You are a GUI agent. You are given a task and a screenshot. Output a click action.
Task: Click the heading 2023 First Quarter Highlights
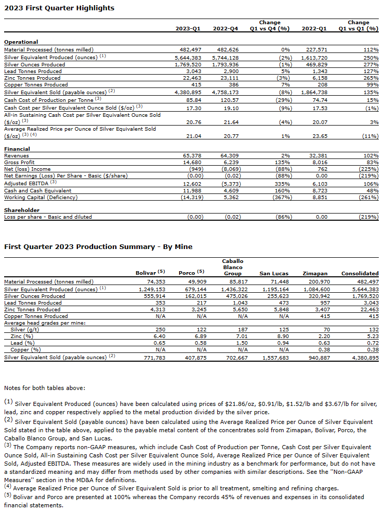[x=59, y=8]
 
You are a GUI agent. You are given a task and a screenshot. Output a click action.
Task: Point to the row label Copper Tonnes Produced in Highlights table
[x=36, y=84]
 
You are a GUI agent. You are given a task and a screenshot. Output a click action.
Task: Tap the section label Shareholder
[x=22, y=210]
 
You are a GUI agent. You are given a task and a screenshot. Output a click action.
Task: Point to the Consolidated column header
[x=360, y=273]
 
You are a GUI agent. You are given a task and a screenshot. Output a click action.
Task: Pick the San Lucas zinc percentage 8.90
[x=282, y=335]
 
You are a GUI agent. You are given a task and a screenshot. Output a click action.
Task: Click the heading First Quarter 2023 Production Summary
[x=98, y=246]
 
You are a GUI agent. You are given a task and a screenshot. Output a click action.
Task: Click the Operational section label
[x=21, y=42]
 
